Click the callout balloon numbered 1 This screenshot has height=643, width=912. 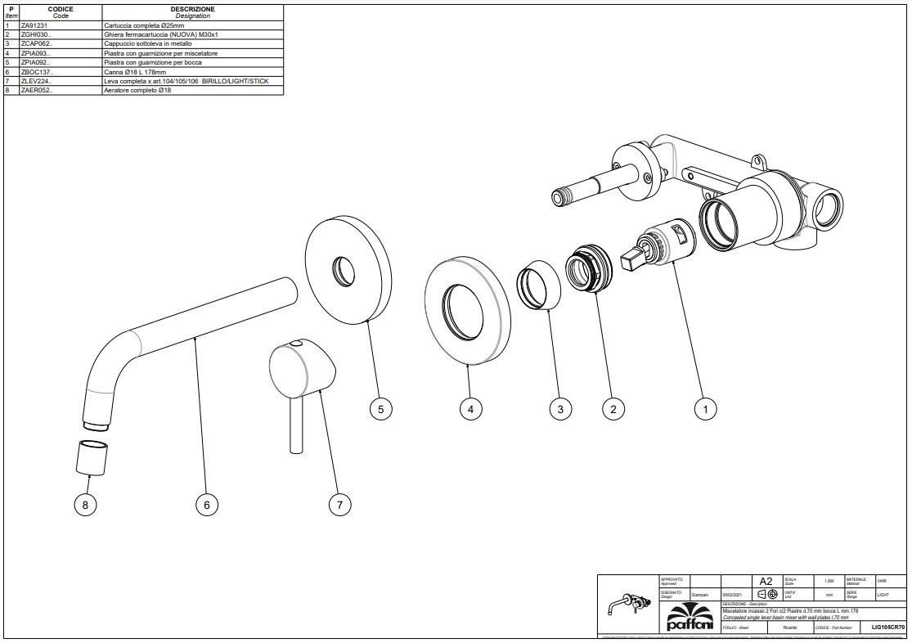(705, 409)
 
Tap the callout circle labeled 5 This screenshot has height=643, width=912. (381, 409)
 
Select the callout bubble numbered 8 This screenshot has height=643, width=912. (85, 505)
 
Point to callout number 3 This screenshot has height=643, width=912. (559, 409)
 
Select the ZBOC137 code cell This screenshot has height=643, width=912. (38, 71)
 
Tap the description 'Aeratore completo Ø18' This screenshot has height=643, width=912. (137, 90)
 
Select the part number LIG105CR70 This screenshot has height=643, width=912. (888, 627)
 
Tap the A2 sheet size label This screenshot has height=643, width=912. (766, 582)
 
